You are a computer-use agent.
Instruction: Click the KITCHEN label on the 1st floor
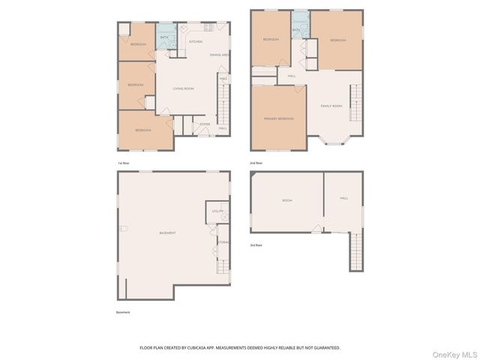[x=195, y=42]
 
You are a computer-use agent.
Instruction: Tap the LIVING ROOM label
[x=183, y=88]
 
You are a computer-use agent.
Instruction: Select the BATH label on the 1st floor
[x=164, y=37]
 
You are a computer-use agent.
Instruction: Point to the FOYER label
[x=204, y=124]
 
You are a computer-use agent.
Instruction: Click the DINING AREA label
[x=219, y=55]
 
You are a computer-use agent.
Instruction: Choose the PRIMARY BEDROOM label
[x=278, y=118]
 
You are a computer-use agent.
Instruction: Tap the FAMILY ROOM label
[x=331, y=106]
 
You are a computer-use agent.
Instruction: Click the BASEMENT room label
[x=167, y=232]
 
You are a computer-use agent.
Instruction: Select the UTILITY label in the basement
[x=217, y=211]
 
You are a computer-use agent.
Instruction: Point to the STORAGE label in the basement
[x=223, y=242]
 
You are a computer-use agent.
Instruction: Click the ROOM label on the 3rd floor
[x=286, y=200]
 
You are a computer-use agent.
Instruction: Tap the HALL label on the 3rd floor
[x=343, y=198]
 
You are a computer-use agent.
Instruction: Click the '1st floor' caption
[x=124, y=163]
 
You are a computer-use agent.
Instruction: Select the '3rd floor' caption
[x=256, y=244]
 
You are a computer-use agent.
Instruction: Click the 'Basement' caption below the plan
[x=123, y=312]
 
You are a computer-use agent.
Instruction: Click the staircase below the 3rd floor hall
[x=355, y=251]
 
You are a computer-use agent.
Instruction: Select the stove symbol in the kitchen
[x=208, y=28]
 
